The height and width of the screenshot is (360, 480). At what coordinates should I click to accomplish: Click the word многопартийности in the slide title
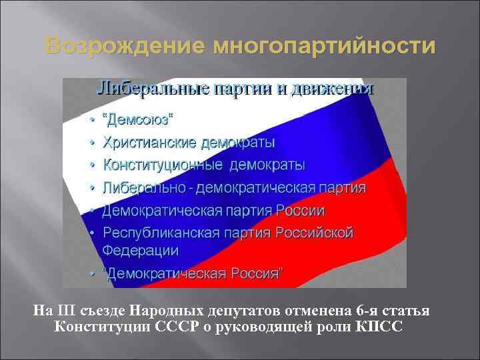pos(324,46)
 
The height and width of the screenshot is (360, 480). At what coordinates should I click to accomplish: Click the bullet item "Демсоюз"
pos(138,121)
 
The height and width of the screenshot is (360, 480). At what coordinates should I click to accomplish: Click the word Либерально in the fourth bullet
pos(143,187)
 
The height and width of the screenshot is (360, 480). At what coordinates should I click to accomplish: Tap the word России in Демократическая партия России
pos(301,211)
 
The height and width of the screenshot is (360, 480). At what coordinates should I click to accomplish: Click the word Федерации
pos(141,251)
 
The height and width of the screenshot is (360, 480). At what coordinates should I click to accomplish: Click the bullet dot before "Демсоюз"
pos(92,121)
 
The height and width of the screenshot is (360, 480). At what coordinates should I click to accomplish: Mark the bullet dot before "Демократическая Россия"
pos(92,274)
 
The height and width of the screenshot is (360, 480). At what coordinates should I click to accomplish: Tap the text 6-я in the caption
pos(368,311)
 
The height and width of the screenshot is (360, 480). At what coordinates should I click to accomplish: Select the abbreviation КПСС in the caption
pos(379,327)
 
